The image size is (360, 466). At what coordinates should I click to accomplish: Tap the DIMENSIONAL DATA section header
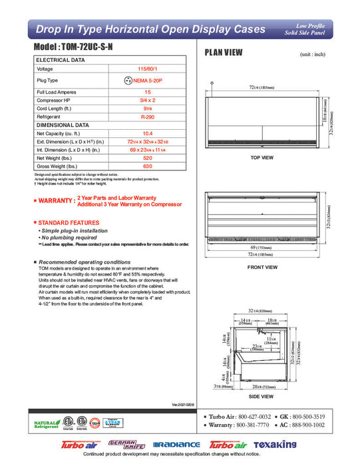(63, 124)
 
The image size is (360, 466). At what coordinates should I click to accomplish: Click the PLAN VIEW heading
(224, 53)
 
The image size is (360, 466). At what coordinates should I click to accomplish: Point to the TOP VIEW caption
(262, 158)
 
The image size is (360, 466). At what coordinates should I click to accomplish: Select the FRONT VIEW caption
(262, 267)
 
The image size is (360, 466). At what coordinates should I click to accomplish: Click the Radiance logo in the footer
(176, 445)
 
